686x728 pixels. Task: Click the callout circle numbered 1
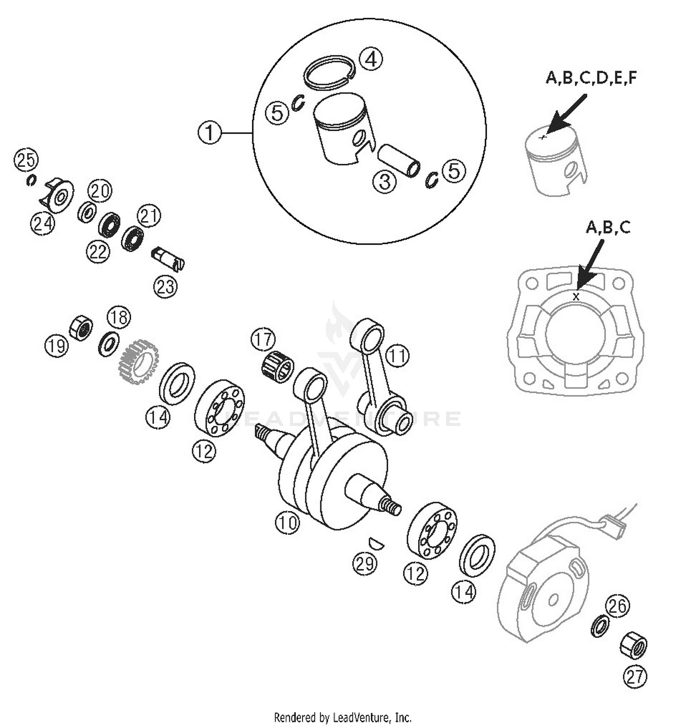209,133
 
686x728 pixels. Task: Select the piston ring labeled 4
329,72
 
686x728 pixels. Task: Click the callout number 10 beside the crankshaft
287,522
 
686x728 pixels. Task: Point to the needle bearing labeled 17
278,365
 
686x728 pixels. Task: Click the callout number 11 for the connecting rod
397,356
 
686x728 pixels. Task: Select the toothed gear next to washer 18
138,361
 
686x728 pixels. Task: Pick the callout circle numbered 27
635,676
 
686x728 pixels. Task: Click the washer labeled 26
600,626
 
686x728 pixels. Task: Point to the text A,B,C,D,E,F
591,78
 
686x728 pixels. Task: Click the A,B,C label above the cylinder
608,227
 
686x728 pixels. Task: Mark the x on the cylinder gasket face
576,297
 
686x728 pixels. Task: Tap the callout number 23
165,287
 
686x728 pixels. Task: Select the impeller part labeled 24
57,196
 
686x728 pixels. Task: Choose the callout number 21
148,216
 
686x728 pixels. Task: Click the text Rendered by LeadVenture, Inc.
343,717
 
